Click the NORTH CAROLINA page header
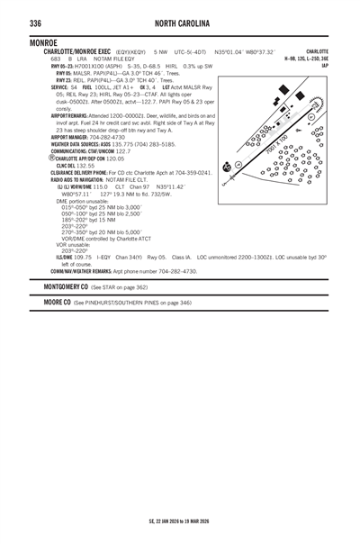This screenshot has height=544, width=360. click(x=179, y=23)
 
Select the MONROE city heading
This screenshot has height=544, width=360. click(x=45, y=42)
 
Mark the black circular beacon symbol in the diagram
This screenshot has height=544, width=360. click(x=228, y=168)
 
